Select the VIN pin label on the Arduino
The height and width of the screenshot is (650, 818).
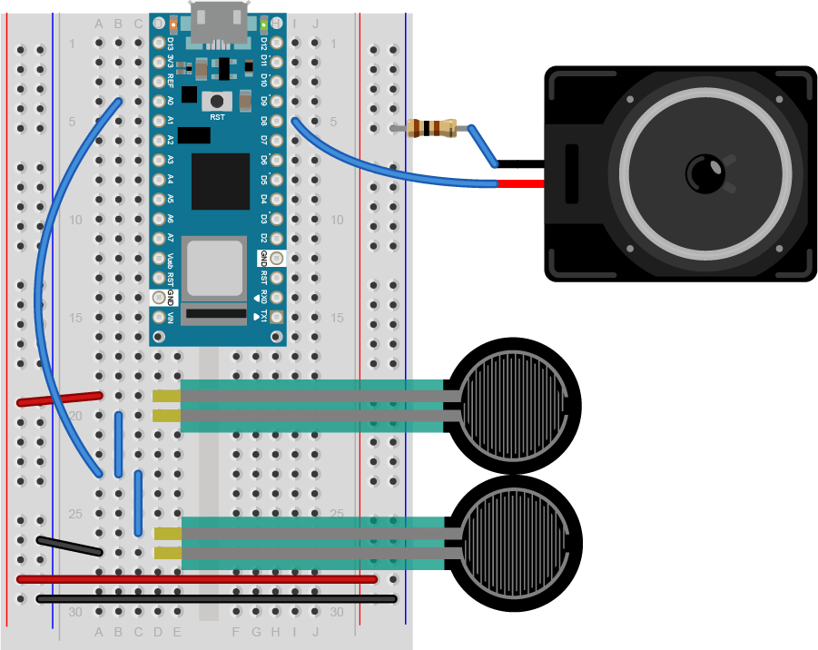coord(170,318)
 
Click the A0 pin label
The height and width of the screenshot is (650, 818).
coord(170,101)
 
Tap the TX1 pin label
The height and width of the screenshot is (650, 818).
coord(264,317)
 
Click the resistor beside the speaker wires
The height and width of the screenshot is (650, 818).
coord(432,129)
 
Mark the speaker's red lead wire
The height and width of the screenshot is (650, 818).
coord(522,184)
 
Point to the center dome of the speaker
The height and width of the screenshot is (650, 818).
coord(705,172)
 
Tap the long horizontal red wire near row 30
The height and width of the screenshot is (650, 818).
coord(196,578)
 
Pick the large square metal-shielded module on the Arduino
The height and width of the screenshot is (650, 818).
coord(214,270)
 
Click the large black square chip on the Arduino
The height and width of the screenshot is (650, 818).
coord(220,182)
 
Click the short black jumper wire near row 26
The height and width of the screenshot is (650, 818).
coord(69,546)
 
